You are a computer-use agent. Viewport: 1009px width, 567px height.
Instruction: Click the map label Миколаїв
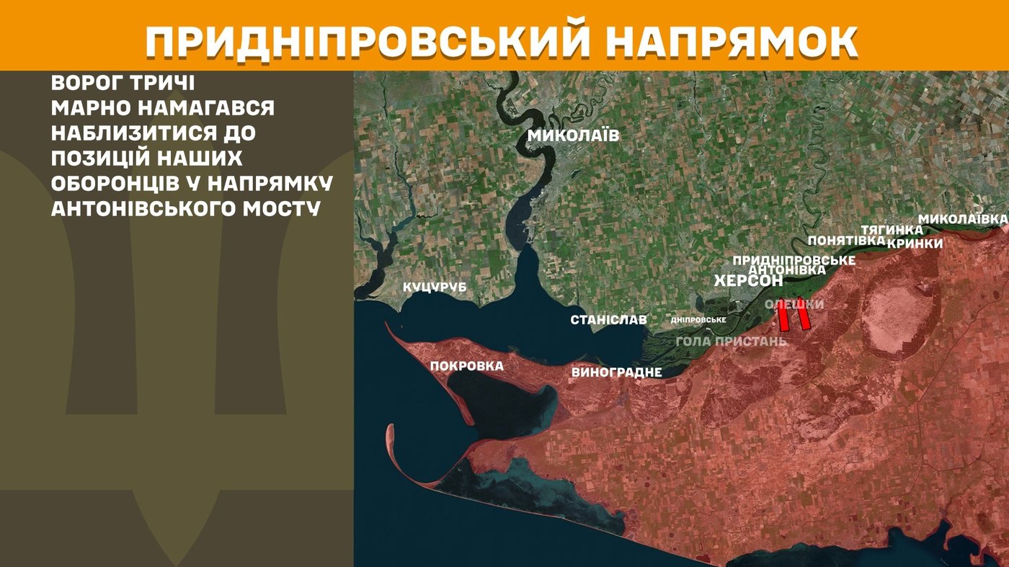coord(573,135)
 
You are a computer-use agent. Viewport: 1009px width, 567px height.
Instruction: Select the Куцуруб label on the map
coord(435,287)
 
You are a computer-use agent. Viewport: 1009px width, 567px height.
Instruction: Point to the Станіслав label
coord(608,320)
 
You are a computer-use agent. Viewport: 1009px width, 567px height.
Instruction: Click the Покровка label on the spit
coord(466,366)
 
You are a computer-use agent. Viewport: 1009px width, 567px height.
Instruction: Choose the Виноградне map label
coord(616,372)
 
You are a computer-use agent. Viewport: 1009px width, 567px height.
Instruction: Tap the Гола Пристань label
coord(731,341)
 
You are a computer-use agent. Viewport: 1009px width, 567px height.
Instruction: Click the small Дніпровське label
coord(698,320)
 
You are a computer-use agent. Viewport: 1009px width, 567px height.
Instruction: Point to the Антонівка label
coord(787,269)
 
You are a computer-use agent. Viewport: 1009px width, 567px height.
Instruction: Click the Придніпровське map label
coord(794,259)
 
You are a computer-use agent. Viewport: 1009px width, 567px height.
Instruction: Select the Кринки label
coord(915,244)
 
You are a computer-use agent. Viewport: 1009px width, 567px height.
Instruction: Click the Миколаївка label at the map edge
coord(962,218)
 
